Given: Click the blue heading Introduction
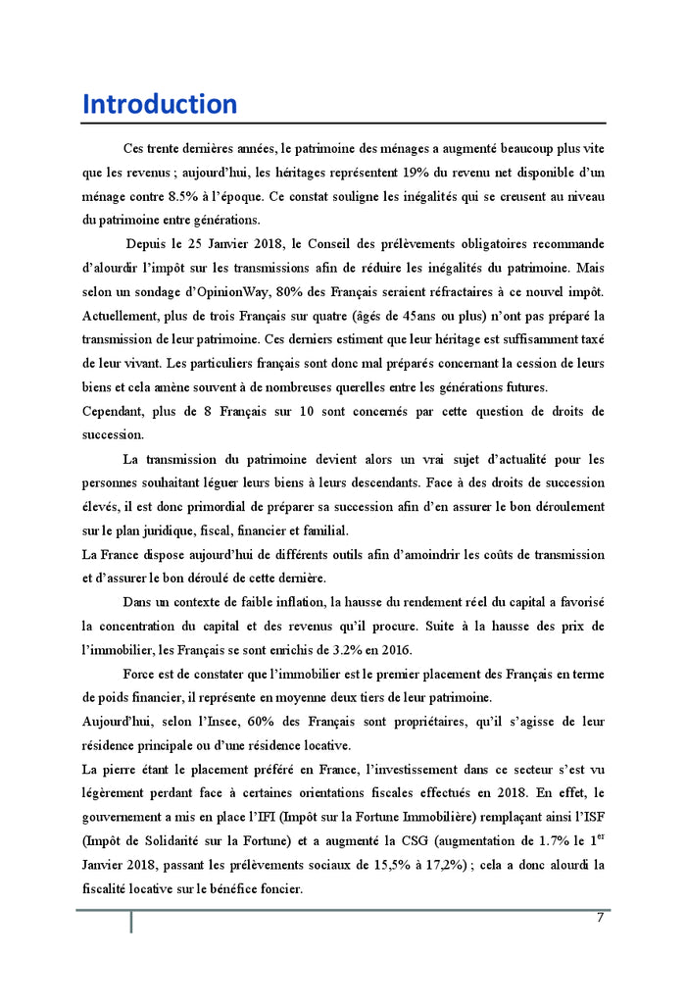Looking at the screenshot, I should [159, 105].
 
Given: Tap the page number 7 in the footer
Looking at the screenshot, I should [599, 918].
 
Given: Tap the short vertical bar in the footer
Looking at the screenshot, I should [131, 922].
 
